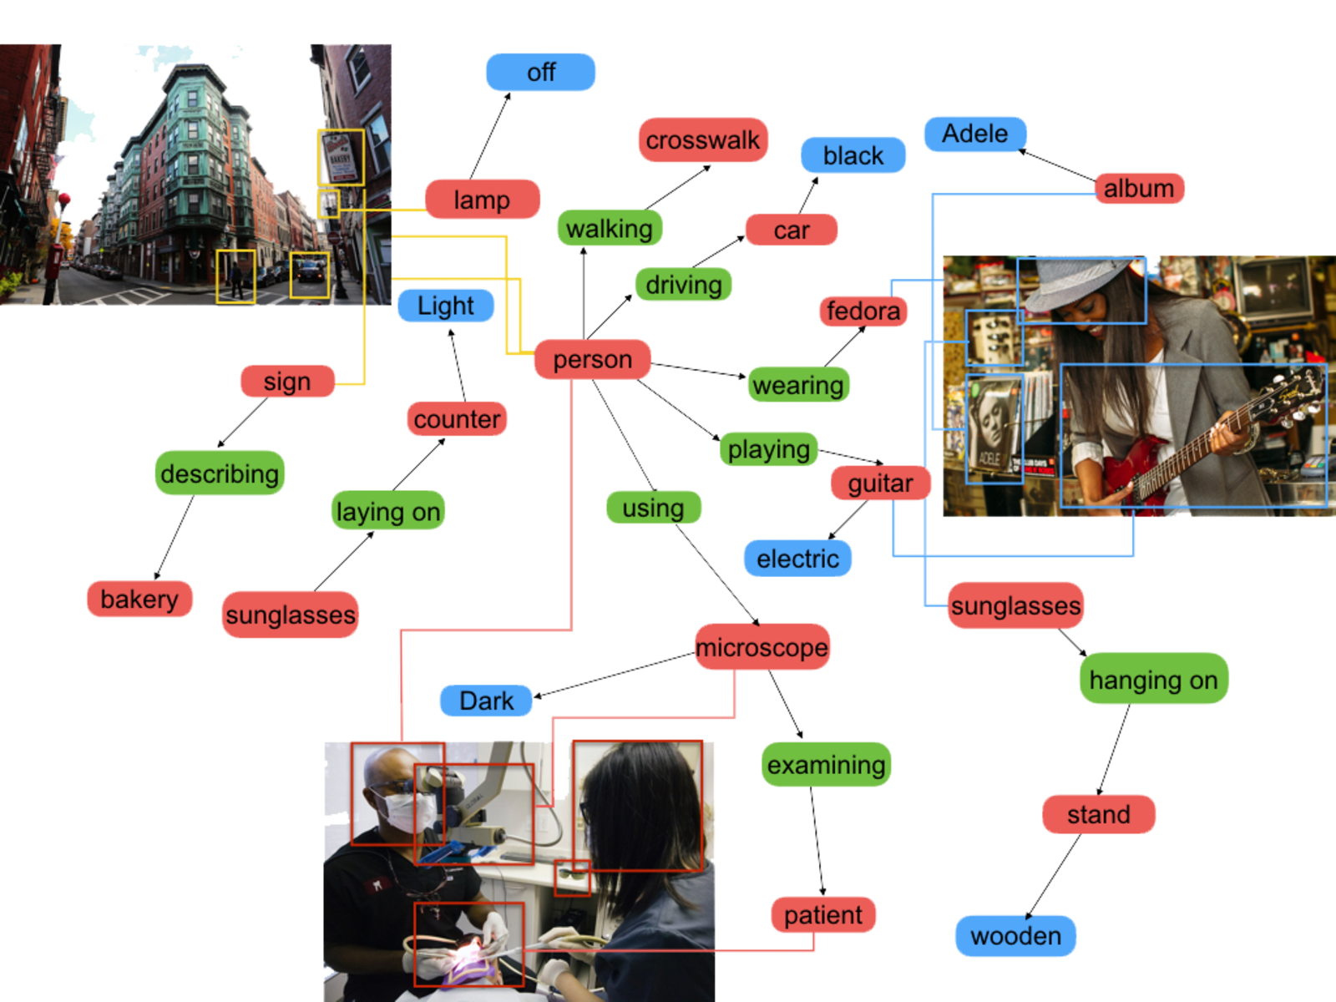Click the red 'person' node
click(592, 359)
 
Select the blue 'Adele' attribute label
click(974, 134)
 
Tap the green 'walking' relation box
click(610, 228)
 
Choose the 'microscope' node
click(762, 647)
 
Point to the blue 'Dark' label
click(486, 701)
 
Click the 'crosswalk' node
click(702, 140)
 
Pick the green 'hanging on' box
click(1153, 680)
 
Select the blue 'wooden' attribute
click(1015, 936)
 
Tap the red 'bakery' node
click(139, 599)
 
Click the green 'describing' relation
click(220, 473)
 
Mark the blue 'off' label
click(540, 73)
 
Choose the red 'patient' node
click(822, 915)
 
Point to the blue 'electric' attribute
click(797, 559)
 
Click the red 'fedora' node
click(863, 311)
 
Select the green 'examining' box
click(826, 765)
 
